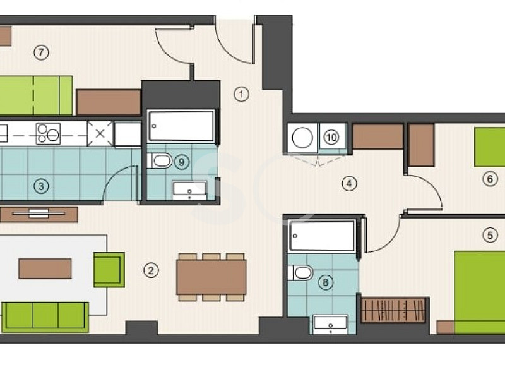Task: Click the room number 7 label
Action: click(x=41, y=52)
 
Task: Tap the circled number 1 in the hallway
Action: click(x=241, y=94)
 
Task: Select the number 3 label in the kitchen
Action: click(x=41, y=186)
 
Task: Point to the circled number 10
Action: click(x=331, y=138)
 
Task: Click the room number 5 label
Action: click(x=490, y=235)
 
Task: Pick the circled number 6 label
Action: click(x=490, y=179)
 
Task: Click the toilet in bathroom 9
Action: click(x=160, y=161)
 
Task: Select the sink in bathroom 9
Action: click(x=189, y=191)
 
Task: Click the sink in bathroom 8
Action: click(x=330, y=325)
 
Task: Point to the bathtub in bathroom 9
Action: click(x=181, y=126)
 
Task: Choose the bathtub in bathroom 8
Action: click(x=323, y=236)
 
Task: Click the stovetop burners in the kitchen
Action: click(x=49, y=133)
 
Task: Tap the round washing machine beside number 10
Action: click(x=302, y=138)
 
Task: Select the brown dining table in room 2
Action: click(x=211, y=277)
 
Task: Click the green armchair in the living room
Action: click(x=109, y=270)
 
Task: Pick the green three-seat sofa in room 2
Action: click(x=45, y=317)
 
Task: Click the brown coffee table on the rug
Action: click(x=45, y=268)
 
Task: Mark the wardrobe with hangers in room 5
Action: click(x=393, y=310)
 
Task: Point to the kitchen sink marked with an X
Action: click(x=100, y=133)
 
